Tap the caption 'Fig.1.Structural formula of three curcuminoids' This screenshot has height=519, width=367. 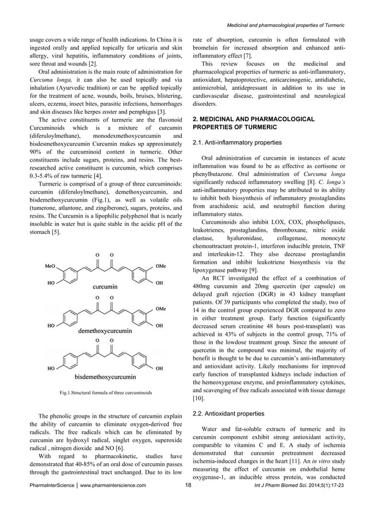coord(101,393)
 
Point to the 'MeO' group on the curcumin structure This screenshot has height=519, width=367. coord(51,267)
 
